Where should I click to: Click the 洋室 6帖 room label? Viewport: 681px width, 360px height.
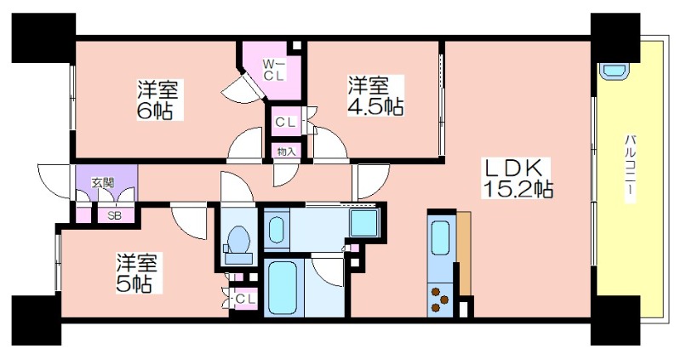[158, 100]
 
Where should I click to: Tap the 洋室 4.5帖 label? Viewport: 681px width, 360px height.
[375, 95]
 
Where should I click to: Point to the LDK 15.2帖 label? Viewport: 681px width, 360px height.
[517, 178]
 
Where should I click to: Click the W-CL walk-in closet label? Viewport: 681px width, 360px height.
[274, 70]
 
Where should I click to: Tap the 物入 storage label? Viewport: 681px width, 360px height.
[286, 152]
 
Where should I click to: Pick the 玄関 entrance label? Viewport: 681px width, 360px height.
[102, 183]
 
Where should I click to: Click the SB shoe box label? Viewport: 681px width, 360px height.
[115, 215]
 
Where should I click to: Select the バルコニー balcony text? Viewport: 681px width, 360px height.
[630, 168]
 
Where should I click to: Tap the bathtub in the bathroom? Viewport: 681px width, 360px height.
[283, 289]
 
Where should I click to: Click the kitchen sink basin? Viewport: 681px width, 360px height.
[440, 238]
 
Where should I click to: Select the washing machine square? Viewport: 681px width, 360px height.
[365, 222]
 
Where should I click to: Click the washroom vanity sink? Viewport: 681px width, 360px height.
[276, 229]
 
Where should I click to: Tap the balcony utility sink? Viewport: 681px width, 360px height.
[613, 70]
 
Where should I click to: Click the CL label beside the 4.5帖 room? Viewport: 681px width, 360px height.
[285, 123]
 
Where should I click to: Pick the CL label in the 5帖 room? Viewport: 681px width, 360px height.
[246, 299]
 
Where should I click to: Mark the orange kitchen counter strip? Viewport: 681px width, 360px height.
[463, 253]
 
